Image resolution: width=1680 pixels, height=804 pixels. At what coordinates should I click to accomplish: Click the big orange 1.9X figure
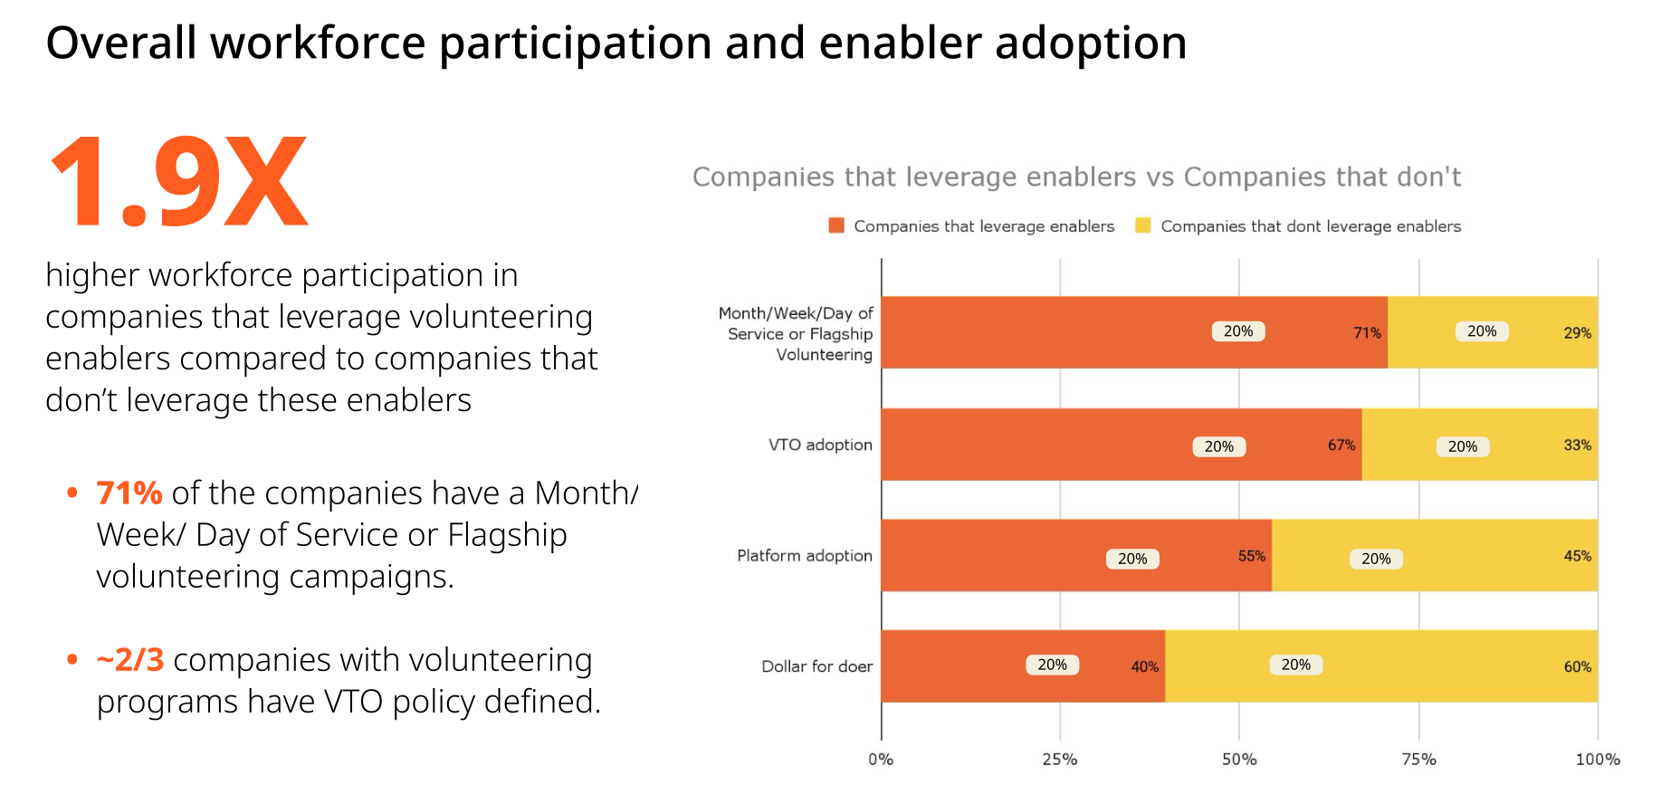tap(179, 181)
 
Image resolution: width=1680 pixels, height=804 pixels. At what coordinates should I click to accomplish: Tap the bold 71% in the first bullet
tap(129, 493)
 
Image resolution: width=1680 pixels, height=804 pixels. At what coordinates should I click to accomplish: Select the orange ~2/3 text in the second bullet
tap(130, 660)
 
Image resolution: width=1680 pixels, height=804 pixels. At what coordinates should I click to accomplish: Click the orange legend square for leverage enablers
tap(836, 225)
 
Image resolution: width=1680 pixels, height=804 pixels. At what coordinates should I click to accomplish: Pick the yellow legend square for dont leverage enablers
tap(1143, 225)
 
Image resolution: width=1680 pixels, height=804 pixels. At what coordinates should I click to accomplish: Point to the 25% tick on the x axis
tap(1059, 760)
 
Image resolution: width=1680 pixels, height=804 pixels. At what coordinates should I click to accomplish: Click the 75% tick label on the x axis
tap(1418, 760)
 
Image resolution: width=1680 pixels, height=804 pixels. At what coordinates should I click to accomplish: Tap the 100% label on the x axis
tap(1597, 760)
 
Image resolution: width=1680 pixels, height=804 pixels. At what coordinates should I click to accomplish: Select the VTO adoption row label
tap(820, 445)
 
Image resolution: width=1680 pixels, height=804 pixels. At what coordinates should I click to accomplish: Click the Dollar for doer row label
tap(816, 666)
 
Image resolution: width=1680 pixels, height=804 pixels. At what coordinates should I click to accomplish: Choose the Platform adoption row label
tap(804, 555)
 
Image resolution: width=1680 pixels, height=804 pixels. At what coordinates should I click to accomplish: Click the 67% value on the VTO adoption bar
tap(1341, 445)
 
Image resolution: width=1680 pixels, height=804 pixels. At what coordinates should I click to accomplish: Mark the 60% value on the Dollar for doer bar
tap(1577, 667)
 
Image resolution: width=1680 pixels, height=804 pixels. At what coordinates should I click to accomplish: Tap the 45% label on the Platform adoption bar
tap(1577, 556)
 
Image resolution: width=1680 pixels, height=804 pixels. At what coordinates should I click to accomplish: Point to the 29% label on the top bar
tap(1577, 333)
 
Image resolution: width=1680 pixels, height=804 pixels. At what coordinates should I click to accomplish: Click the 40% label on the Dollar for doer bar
tap(1144, 667)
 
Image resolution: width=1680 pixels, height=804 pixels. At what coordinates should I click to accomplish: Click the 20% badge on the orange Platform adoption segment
tap(1132, 559)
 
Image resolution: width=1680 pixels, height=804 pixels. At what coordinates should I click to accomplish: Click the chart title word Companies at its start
tap(764, 177)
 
